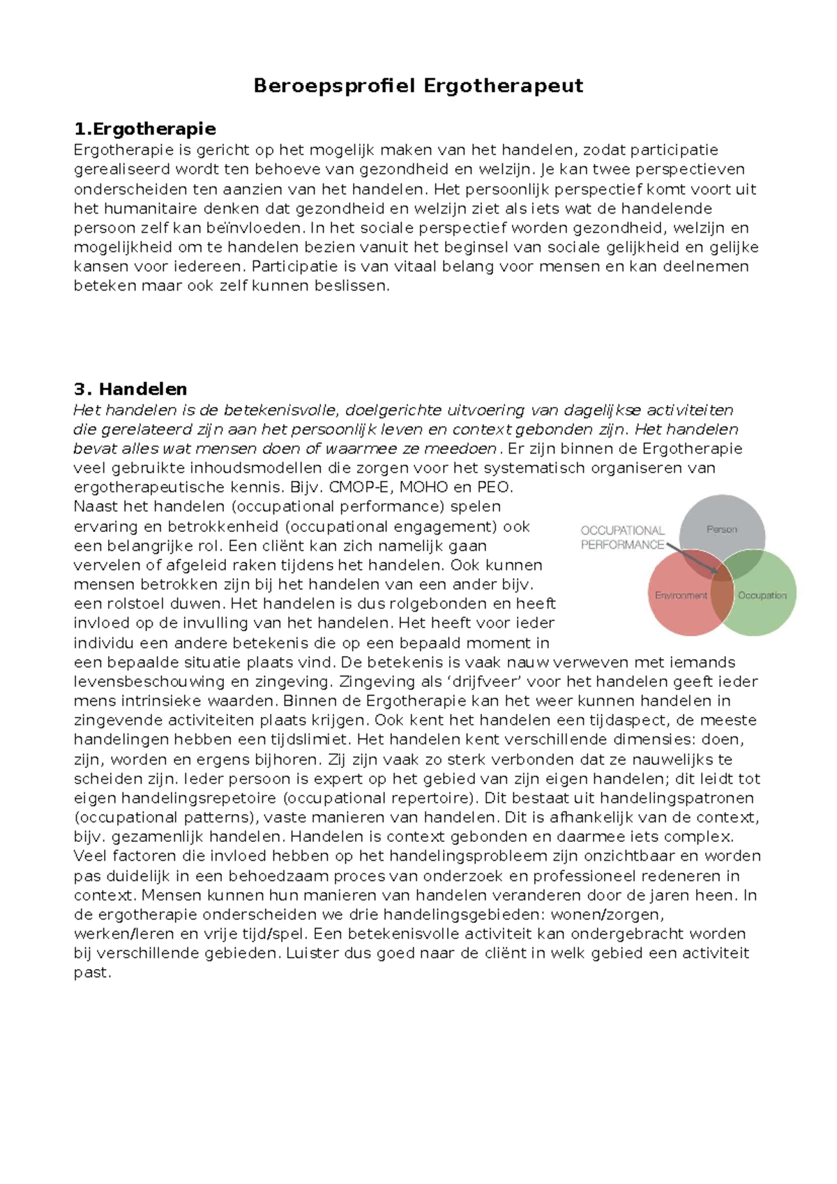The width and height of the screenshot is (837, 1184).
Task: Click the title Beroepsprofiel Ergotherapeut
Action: point(418,86)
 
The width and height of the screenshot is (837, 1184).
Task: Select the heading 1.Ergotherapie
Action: point(145,129)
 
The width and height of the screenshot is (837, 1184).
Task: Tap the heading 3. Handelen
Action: point(130,389)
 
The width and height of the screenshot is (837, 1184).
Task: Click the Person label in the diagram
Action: point(721,529)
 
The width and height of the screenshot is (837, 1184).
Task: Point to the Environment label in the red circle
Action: point(680,595)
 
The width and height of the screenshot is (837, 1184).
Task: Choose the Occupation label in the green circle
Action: point(762,595)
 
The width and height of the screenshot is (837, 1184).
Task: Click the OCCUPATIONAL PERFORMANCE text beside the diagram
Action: point(622,538)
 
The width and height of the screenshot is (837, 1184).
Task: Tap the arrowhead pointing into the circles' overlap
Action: point(714,572)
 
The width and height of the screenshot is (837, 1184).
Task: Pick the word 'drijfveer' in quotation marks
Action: point(489,681)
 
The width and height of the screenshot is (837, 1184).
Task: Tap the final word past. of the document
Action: point(92,972)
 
